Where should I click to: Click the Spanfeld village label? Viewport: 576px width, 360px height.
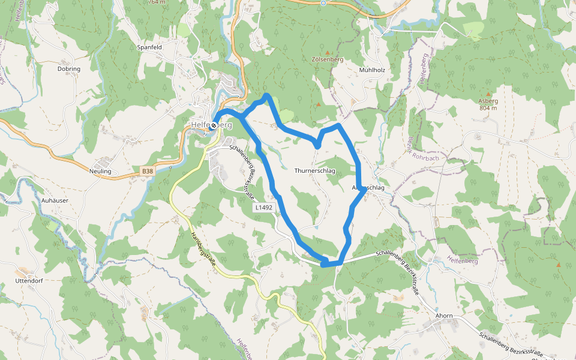pos(149,47)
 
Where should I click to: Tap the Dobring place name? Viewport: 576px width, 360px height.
pos(68,69)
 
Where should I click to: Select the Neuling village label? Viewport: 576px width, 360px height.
pos(100,171)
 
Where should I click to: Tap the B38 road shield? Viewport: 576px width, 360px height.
pos(147,172)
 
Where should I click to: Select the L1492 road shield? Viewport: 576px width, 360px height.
pos(263,208)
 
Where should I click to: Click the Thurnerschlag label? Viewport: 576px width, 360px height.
pos(314,171)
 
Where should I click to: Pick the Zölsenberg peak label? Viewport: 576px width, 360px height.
pos(327,60)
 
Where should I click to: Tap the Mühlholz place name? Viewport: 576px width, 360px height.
pos(371,70)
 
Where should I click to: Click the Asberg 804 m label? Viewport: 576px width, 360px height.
pos(488,104)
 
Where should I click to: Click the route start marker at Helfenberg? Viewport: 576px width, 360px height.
pos(213,125)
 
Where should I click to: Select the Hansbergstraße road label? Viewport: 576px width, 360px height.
pos(202,248)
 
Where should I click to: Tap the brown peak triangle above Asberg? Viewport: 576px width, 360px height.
pos(488,94)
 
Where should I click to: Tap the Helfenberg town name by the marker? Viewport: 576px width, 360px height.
pos(211,125)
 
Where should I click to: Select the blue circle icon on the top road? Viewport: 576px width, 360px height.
pos(323,3)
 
